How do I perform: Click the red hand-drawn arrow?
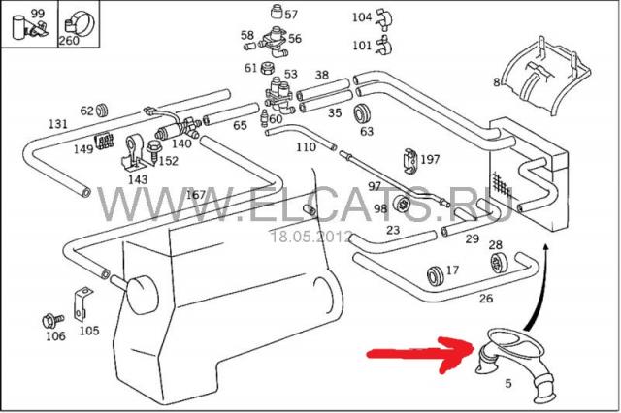coord(420,353)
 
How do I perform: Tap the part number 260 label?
coord(69,41)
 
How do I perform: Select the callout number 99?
coord(38,14)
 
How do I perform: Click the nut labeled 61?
coord(267,69)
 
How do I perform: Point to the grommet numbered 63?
coord(361,113)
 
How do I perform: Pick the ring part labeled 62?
coord(103,111)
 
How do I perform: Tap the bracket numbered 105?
coord(82,304)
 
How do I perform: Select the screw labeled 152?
coord(153,151)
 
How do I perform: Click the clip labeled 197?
coord(410,161)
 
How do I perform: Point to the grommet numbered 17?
coord(436,275)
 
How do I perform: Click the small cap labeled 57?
coord(277,12)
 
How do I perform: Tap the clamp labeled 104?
coord(383,18)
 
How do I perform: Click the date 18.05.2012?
coord(310,237)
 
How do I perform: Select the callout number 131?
coord(58,124)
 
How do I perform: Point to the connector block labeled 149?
coord(104,141)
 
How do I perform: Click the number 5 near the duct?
coord(508,383)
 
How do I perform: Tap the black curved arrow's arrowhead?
coord(546,248)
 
